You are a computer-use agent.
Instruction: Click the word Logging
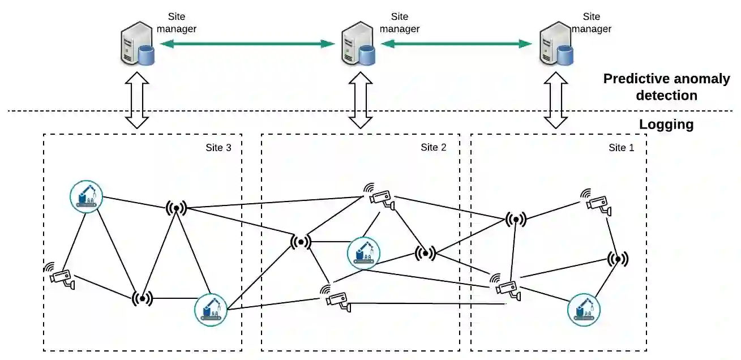[x=666, y=125]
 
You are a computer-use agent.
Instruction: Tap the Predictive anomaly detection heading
[x=666, y=87]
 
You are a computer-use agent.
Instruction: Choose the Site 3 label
[x=218, y=148]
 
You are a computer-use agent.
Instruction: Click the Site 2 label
[x=433, y=148]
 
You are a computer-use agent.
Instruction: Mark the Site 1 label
[x=622, y=148]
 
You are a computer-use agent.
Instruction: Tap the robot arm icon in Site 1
[x=583, y=309]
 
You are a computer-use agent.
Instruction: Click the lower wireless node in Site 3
[x=142, y=298]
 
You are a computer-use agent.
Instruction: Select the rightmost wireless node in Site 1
[x=618, y=259]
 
